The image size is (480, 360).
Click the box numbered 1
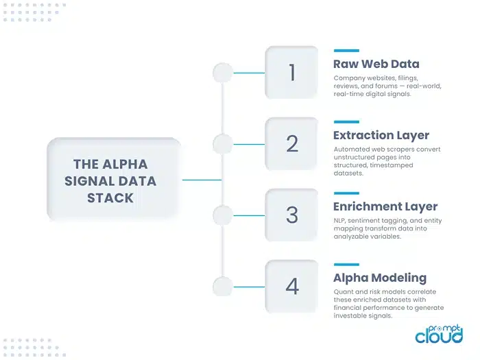[x=292, y=73]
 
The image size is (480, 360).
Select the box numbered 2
[x=292, y=144]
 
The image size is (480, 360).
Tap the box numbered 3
[x=292, y=215]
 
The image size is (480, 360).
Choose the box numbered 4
[x=292, y=287]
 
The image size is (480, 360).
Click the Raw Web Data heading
[x=376, y=64]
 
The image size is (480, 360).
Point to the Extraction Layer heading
[x=381, y=135]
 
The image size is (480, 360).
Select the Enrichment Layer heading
[x=385, y=206]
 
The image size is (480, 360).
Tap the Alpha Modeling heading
[x=380, y=278]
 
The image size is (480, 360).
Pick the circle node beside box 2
[x=222, y=144]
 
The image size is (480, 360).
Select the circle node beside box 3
[x=222, y=215]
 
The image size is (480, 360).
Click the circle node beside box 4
[x=222, y=287]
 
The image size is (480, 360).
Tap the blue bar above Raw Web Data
[x=346, y=51]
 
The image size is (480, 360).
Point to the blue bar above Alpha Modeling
[x=346, y=264]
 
